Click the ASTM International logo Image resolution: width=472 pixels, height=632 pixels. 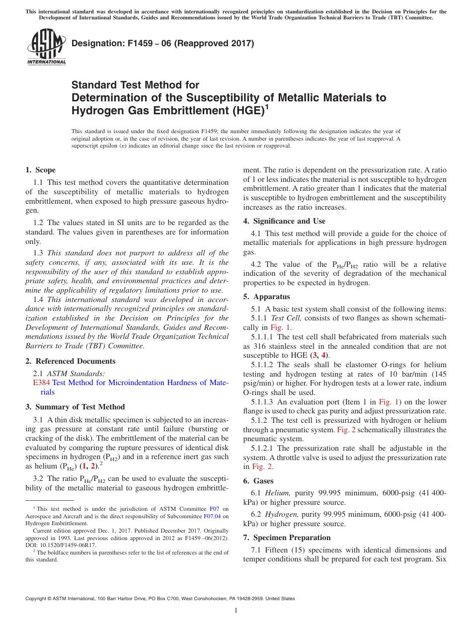(46, 47)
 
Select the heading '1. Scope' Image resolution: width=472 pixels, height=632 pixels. (40, 170)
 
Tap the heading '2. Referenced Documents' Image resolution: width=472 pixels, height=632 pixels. (70, 361)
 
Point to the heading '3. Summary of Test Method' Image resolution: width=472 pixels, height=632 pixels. (75, 407)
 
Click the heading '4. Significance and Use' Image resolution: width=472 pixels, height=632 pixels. (284, 221)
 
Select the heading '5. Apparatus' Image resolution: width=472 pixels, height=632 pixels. (266, 297)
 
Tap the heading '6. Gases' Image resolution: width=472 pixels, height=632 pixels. (258, 481)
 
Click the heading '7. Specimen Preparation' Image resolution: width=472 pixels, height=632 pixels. (287, 538)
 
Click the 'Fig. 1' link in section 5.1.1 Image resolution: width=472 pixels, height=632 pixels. (280, 327)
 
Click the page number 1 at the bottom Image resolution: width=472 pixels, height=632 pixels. (236, 611)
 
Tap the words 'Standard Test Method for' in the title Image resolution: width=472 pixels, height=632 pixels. (135, 85)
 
